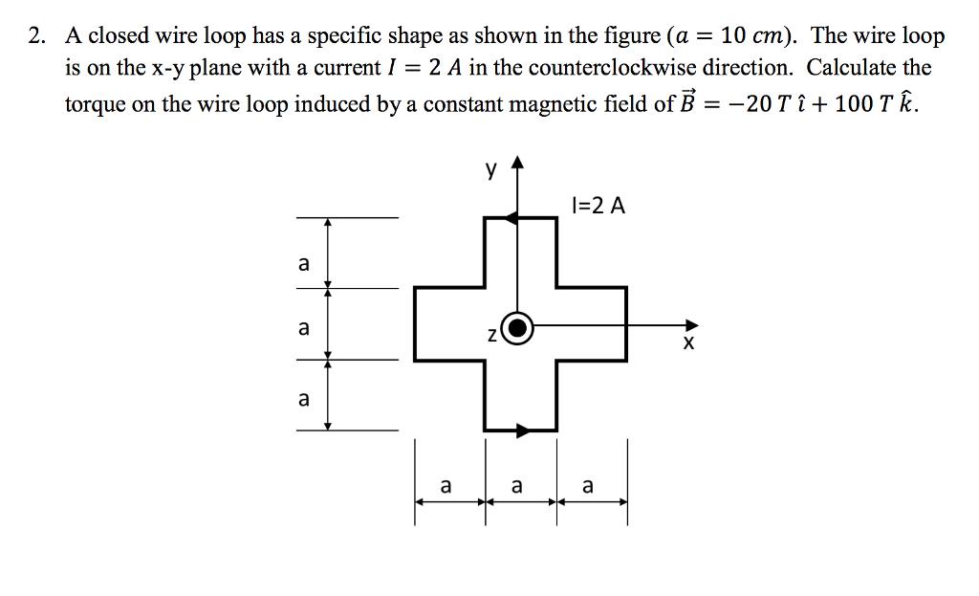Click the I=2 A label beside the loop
point(598,205)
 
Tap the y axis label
point(491,171)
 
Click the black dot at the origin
point(517,328)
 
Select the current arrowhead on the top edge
point(511,218)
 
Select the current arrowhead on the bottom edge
point(522,430)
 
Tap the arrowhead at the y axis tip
point(517,163)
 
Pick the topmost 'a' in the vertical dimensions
point(304,263)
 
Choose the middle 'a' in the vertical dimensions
point(304,328)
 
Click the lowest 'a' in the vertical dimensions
point(304,399)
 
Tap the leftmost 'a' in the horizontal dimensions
point(446,486)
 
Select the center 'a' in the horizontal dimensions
point(517,486)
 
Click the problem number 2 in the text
point(35,36)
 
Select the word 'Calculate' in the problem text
point(854,70)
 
